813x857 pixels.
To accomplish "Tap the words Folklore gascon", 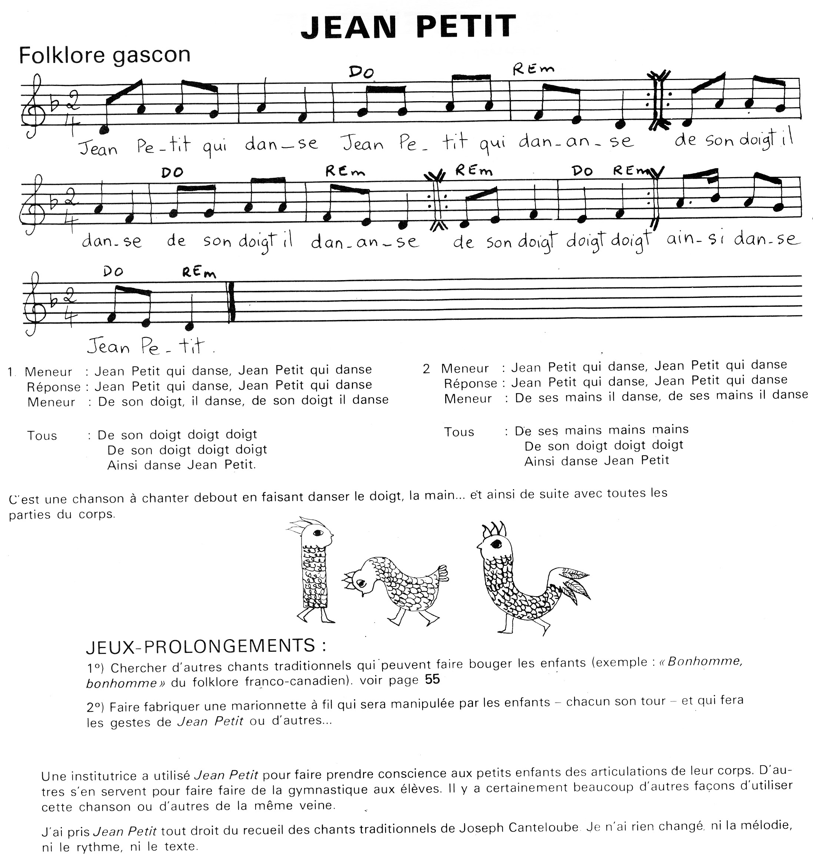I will click(x=104, y=56).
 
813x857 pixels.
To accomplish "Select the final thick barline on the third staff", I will click(x=232, y=302).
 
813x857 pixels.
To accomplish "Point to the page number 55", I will click(x=432, y=679).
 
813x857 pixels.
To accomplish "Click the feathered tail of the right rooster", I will click(x=574, y=583).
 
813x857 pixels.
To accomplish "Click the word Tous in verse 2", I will click(x=459, y=432).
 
